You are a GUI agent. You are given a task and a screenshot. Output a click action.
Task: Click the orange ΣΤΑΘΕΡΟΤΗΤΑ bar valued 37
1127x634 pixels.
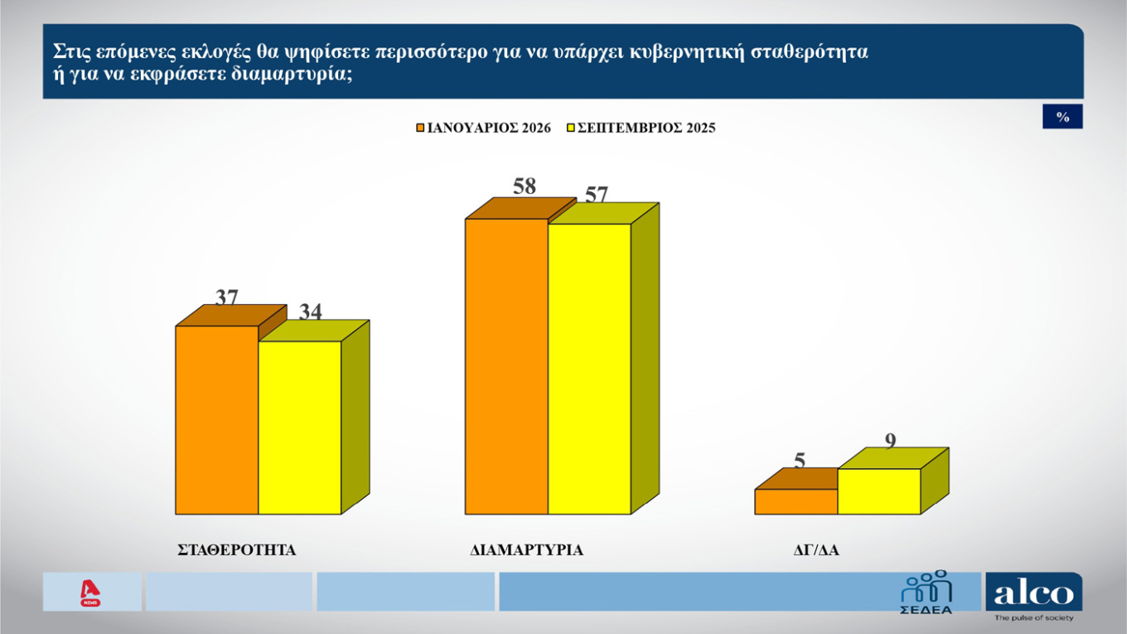217,419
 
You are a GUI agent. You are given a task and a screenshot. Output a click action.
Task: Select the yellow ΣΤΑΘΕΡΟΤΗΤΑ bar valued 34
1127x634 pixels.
300,427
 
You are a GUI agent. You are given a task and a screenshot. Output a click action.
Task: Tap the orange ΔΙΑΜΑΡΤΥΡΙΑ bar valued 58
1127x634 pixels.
507,366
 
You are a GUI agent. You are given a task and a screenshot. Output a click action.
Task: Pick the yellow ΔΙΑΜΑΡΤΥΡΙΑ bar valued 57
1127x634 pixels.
590,369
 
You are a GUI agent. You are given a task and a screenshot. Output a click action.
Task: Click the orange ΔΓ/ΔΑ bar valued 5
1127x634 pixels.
796,501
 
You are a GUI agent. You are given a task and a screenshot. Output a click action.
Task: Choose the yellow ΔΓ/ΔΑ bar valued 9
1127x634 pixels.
879,491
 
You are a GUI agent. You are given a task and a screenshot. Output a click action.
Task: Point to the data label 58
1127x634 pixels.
525,186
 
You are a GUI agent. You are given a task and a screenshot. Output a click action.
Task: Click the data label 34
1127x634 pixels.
310,312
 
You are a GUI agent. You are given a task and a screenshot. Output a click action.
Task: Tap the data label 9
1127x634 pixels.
891,441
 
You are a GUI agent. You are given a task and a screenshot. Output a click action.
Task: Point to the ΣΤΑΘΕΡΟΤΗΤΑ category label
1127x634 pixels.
237,549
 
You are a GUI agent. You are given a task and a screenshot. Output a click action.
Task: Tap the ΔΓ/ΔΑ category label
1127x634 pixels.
816,549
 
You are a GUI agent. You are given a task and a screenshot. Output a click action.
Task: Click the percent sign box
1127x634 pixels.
1062,118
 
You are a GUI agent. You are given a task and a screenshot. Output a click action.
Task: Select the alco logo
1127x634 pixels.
1033,593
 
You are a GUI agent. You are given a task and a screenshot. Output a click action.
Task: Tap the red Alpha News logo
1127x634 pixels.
90,592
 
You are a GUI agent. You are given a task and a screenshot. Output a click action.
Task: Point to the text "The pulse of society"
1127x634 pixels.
1033,618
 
